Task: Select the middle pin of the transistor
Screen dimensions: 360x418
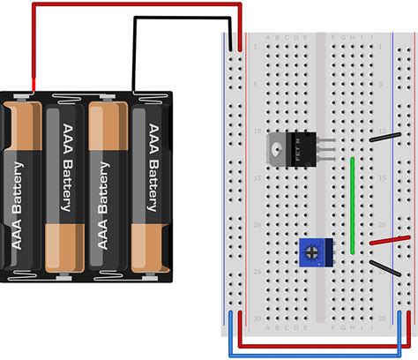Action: point(326,148)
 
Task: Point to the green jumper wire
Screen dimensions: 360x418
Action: point(354,205)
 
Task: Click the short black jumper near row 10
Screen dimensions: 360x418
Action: point(389,137)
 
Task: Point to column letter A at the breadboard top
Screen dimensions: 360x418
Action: point(255,39)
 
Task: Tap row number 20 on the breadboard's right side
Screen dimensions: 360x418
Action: point(382,225)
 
